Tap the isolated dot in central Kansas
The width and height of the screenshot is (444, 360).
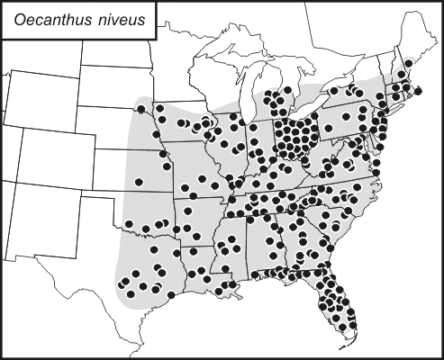[x=139, y=183]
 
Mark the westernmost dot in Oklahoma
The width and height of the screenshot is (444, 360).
[x=129, y=223]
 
